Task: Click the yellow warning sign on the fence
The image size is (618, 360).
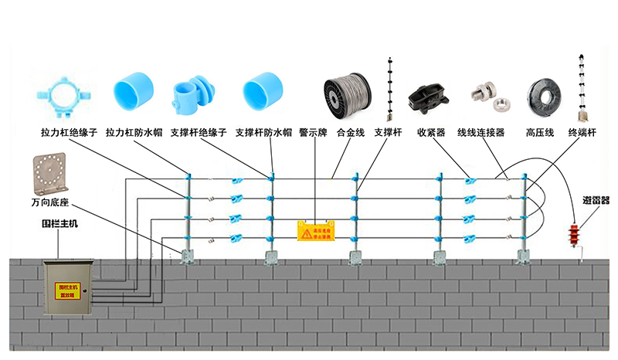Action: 317,230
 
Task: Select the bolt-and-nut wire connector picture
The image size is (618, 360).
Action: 487,96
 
